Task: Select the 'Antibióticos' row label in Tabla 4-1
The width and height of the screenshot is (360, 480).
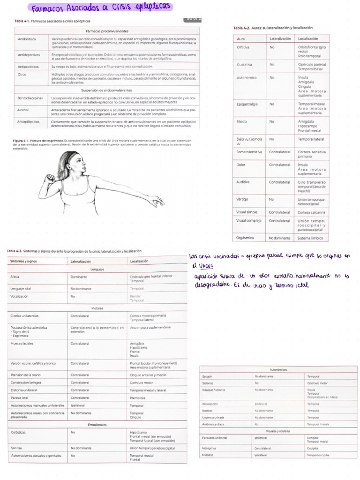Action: click(26, 39)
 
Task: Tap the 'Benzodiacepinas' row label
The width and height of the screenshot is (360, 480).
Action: click(30, 98)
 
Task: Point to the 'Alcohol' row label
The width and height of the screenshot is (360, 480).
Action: click(23, 110)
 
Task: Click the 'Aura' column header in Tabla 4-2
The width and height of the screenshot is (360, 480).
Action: click(241, 38)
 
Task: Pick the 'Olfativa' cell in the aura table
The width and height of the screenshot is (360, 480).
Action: click(243, 47)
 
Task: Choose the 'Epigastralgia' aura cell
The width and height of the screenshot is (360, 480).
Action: click(247, 104)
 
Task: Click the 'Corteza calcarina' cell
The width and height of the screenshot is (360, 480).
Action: click(311, 212)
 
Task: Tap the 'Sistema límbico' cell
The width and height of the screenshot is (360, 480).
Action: click(311, 238)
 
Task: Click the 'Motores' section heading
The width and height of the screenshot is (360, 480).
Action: click(97, 309)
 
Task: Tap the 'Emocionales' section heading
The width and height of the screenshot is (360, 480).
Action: click(97, 425)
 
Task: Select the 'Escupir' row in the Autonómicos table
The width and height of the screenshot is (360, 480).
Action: click(207, 376)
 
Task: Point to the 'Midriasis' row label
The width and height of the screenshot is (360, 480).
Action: click(208, 455)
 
